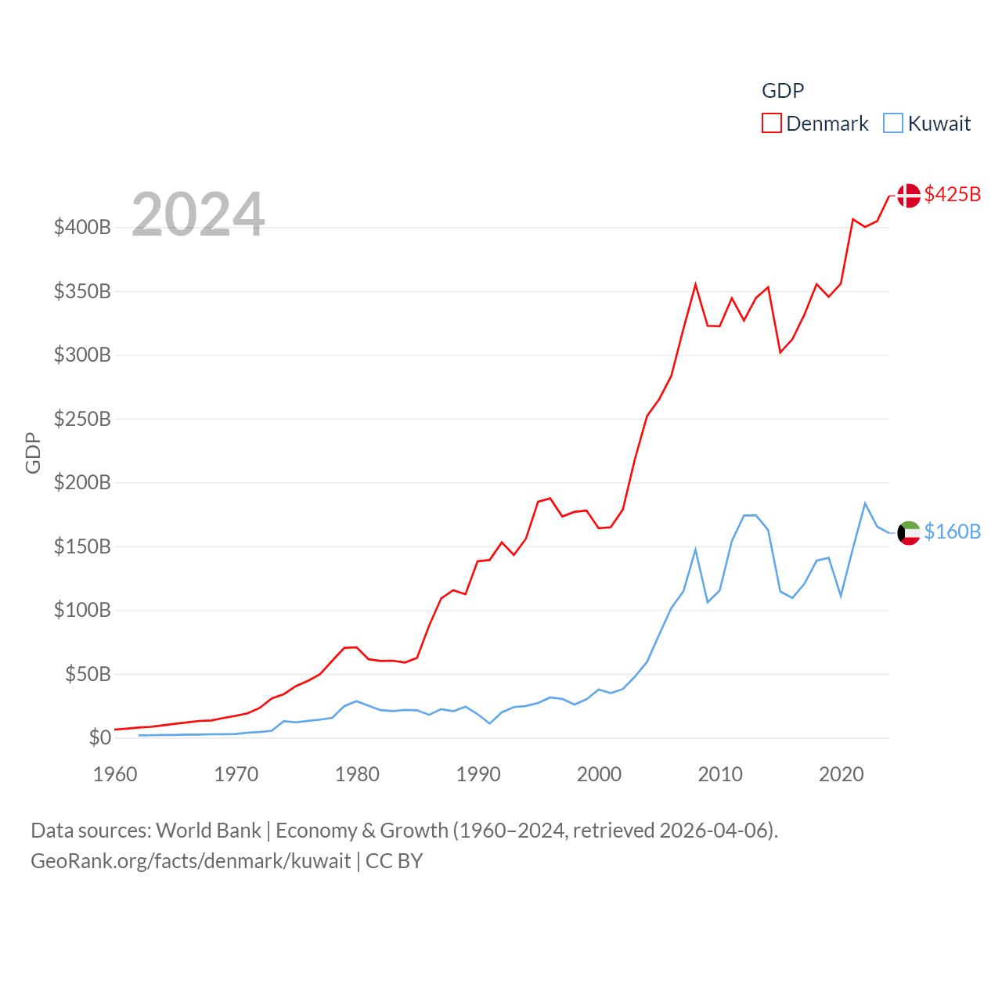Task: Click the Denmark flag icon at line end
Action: coord(909,195)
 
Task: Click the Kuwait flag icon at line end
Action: coord(909,533)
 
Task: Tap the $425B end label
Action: coord(952,194)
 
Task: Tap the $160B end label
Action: coord(952,532)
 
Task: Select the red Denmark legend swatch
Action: coord(771,124)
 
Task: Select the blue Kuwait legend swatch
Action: coord(892,124)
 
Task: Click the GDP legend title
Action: coord(783,91)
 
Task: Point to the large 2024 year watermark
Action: coord(198,214)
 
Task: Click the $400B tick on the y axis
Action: coord(82,228)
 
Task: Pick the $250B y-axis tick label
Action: coord(82,419)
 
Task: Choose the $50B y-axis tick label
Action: coord(88,674)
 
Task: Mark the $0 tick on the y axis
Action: coord(99,737)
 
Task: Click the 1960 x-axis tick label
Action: coord(115,774)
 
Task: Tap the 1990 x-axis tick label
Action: coord(478,774)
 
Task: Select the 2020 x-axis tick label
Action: coord(842,774)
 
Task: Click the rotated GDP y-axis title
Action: coord(33,452)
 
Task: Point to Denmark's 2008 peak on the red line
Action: coord(695,285)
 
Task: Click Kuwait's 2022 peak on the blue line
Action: coord(865,503)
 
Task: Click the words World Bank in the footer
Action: coord(208,831)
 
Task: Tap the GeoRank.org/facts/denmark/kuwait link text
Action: coord(191,861)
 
